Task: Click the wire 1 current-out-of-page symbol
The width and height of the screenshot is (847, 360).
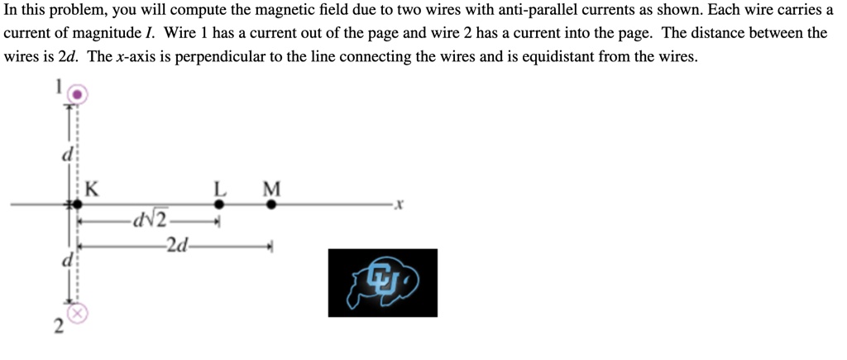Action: [x=76, y=94]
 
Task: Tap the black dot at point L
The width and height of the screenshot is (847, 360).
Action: [x=219, y=204]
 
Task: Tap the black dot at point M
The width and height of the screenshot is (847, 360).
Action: [x=271, y=204]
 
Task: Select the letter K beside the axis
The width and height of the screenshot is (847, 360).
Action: [x=92, y=189]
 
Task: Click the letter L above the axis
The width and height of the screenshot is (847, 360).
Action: [x=219, y=189]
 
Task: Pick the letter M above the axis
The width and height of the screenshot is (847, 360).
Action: [x=271, y=189]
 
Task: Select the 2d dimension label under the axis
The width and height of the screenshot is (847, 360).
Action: [x=176, y=245]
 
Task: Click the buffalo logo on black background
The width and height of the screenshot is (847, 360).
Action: [x=382, y=282]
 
